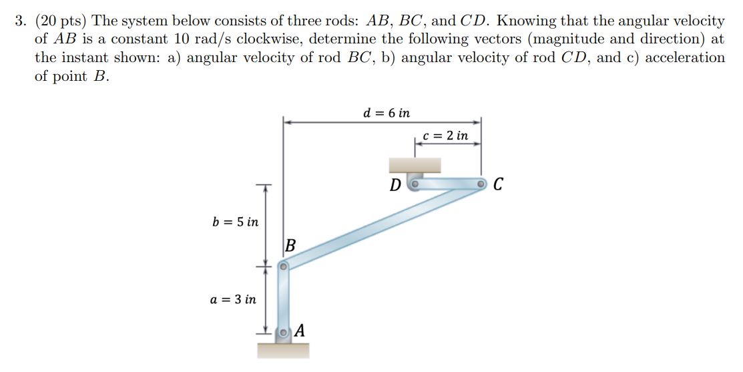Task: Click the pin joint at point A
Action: pos(284,332)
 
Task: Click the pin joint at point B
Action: pos(283,266)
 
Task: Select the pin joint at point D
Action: pos(415,182)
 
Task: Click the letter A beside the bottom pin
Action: pos(300,330)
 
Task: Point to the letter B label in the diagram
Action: pos(290,246)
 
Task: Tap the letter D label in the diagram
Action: pos(397,184)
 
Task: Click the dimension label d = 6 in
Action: pos(387,113)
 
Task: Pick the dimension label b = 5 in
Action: pos(235,221)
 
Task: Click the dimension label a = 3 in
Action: pos(233,299)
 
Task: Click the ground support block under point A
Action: pos(283,350)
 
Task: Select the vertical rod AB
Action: pos(284,299)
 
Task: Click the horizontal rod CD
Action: pos(448,182)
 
